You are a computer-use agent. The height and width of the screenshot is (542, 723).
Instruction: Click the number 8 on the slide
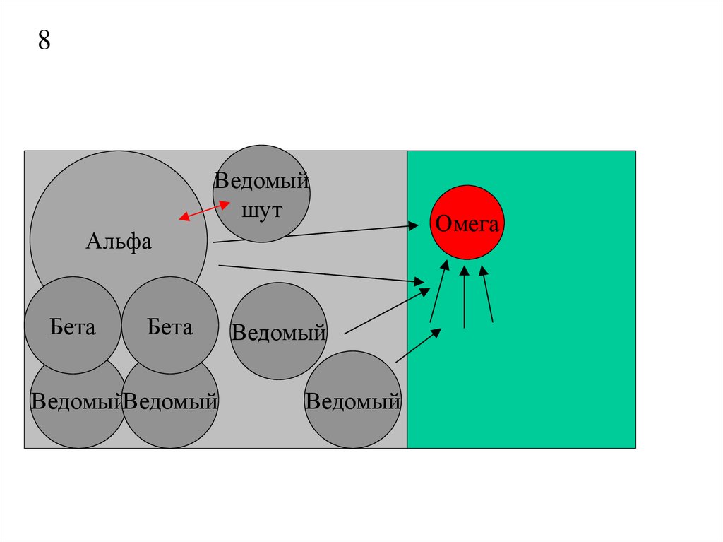pyautogui.click(x=44, y=40)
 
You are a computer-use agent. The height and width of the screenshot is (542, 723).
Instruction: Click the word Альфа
pyautogui.click(x=119, y=241)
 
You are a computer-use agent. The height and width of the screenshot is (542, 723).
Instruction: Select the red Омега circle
pyautogui.click(x=467, y=222)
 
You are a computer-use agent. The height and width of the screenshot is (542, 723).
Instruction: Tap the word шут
pyautogui.click(x=261, y=211)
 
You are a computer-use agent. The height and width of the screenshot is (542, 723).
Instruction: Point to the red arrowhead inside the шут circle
pyautogui.click(x=225, y=204)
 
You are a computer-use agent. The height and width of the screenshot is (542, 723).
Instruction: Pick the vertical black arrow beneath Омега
pyautogui.click(x=465, y=296)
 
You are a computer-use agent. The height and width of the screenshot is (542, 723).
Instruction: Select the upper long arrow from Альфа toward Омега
pyautogui.click(x=316, y=234)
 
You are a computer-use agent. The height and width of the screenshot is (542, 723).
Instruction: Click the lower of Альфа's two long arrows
pyautogui.click(x=321, y=273)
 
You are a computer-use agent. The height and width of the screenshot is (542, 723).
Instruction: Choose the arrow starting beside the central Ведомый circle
pyautogui.click(x=387, y=311)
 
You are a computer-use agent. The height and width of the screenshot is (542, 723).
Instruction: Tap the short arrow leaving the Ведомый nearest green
pyautogui.click(x=418, y=346)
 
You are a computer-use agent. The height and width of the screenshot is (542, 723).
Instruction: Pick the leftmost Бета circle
pyautogui.click(x=73, y=325)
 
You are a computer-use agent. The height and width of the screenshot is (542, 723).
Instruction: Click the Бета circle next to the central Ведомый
pyautogui.click(x=170, y=325)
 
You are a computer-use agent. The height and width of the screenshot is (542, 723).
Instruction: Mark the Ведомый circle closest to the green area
pyautogui.click(x=353, y=399)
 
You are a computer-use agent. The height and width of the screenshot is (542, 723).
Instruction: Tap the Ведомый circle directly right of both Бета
pyautogui.click(x=278, y=331)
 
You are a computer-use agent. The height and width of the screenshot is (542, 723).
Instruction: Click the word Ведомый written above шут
pyautogui.click(x=261, y=180)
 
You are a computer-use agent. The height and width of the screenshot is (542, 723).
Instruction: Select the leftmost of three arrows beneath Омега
pyautogui.click(x=438, y=291)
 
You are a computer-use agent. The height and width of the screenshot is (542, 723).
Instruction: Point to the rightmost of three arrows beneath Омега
pyautogui.click(x=487, y=294)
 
